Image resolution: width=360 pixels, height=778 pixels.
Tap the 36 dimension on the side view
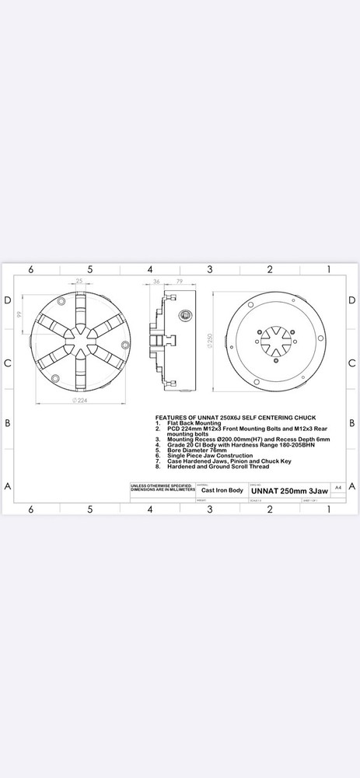tap(156, 282)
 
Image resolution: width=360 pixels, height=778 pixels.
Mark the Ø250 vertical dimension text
tap(209, 340)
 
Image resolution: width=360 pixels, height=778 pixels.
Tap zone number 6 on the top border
tap(30, 269)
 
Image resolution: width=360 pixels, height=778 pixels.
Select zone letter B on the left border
tap(7, 423)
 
